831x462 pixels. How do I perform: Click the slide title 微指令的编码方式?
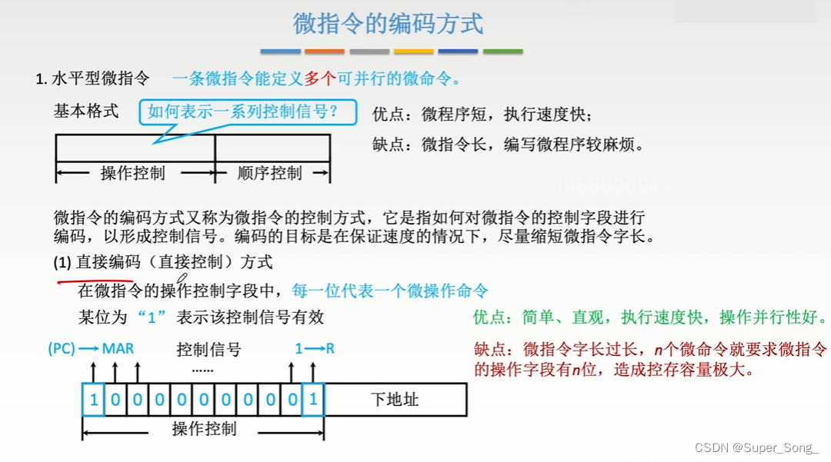[x=389, y=24]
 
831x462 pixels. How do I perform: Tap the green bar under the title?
[x=502, y=52]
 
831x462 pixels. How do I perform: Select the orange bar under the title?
[x=324, y=52]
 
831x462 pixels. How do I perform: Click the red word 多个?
[x=320, y=78]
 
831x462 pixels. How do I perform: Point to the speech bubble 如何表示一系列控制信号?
[x=248, y=112]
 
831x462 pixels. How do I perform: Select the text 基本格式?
[x=86, y=111]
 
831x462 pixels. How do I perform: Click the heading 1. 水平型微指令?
[x=93, y=78]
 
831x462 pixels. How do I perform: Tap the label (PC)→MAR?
[x=91, y=348]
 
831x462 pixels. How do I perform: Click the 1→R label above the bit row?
[x=315, y=348]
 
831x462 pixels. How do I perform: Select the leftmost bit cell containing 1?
[x=93, y=400]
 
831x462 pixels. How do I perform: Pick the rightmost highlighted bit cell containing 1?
[x=313, y=400]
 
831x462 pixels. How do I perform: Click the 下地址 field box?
[x=395, y=400]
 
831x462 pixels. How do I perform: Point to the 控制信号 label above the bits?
[x=209, y=350]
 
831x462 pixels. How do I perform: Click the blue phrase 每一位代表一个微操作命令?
[x=390, y=291]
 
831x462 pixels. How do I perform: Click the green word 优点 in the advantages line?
[x=489, y=317]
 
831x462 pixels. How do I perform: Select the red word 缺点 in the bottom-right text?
[x=490, y=350]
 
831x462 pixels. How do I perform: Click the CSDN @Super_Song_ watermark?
[x=757, y=447]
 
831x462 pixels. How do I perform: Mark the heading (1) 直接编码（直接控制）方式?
[x=163, y=262]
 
